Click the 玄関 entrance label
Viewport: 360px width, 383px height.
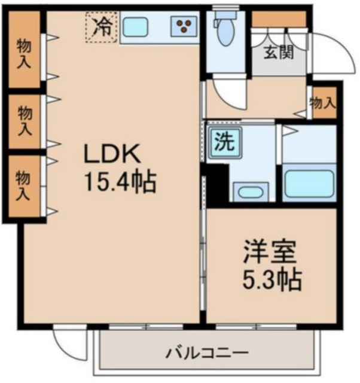point(279,53)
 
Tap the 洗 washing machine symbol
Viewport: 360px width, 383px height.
point(225,144)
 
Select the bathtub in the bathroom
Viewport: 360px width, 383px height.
point(308,184)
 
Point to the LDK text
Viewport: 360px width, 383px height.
point(111,155)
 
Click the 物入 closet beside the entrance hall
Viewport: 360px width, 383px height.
point(322,102)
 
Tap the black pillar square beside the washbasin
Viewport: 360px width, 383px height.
point(216,183)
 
